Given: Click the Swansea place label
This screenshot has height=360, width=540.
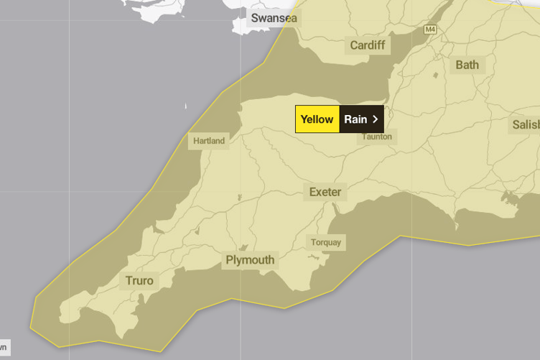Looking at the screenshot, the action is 273,18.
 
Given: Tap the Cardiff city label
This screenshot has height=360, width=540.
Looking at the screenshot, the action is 367,46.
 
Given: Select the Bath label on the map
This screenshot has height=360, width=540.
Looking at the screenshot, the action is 467,65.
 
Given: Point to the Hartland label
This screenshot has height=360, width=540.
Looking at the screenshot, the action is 208,141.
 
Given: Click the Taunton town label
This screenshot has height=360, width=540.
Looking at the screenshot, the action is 376,137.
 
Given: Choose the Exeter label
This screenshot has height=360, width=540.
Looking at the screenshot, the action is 325,192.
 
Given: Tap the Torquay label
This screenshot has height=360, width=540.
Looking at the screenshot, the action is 325,242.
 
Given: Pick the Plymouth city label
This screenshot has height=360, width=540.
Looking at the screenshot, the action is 250,260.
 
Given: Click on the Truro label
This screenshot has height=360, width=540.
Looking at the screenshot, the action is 139,280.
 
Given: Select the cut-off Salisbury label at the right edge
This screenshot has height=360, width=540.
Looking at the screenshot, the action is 526,125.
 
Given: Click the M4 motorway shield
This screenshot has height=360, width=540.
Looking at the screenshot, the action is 430,29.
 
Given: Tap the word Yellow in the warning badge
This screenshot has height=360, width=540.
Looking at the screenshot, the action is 317,119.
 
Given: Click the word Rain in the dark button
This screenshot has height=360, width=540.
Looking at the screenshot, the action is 355,119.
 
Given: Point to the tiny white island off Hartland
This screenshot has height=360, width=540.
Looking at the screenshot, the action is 186,107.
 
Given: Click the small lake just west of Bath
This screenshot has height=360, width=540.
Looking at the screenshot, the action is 435,74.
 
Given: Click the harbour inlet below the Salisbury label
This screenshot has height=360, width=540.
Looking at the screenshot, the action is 511,197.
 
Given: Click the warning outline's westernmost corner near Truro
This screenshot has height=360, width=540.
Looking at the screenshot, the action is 31,328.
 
